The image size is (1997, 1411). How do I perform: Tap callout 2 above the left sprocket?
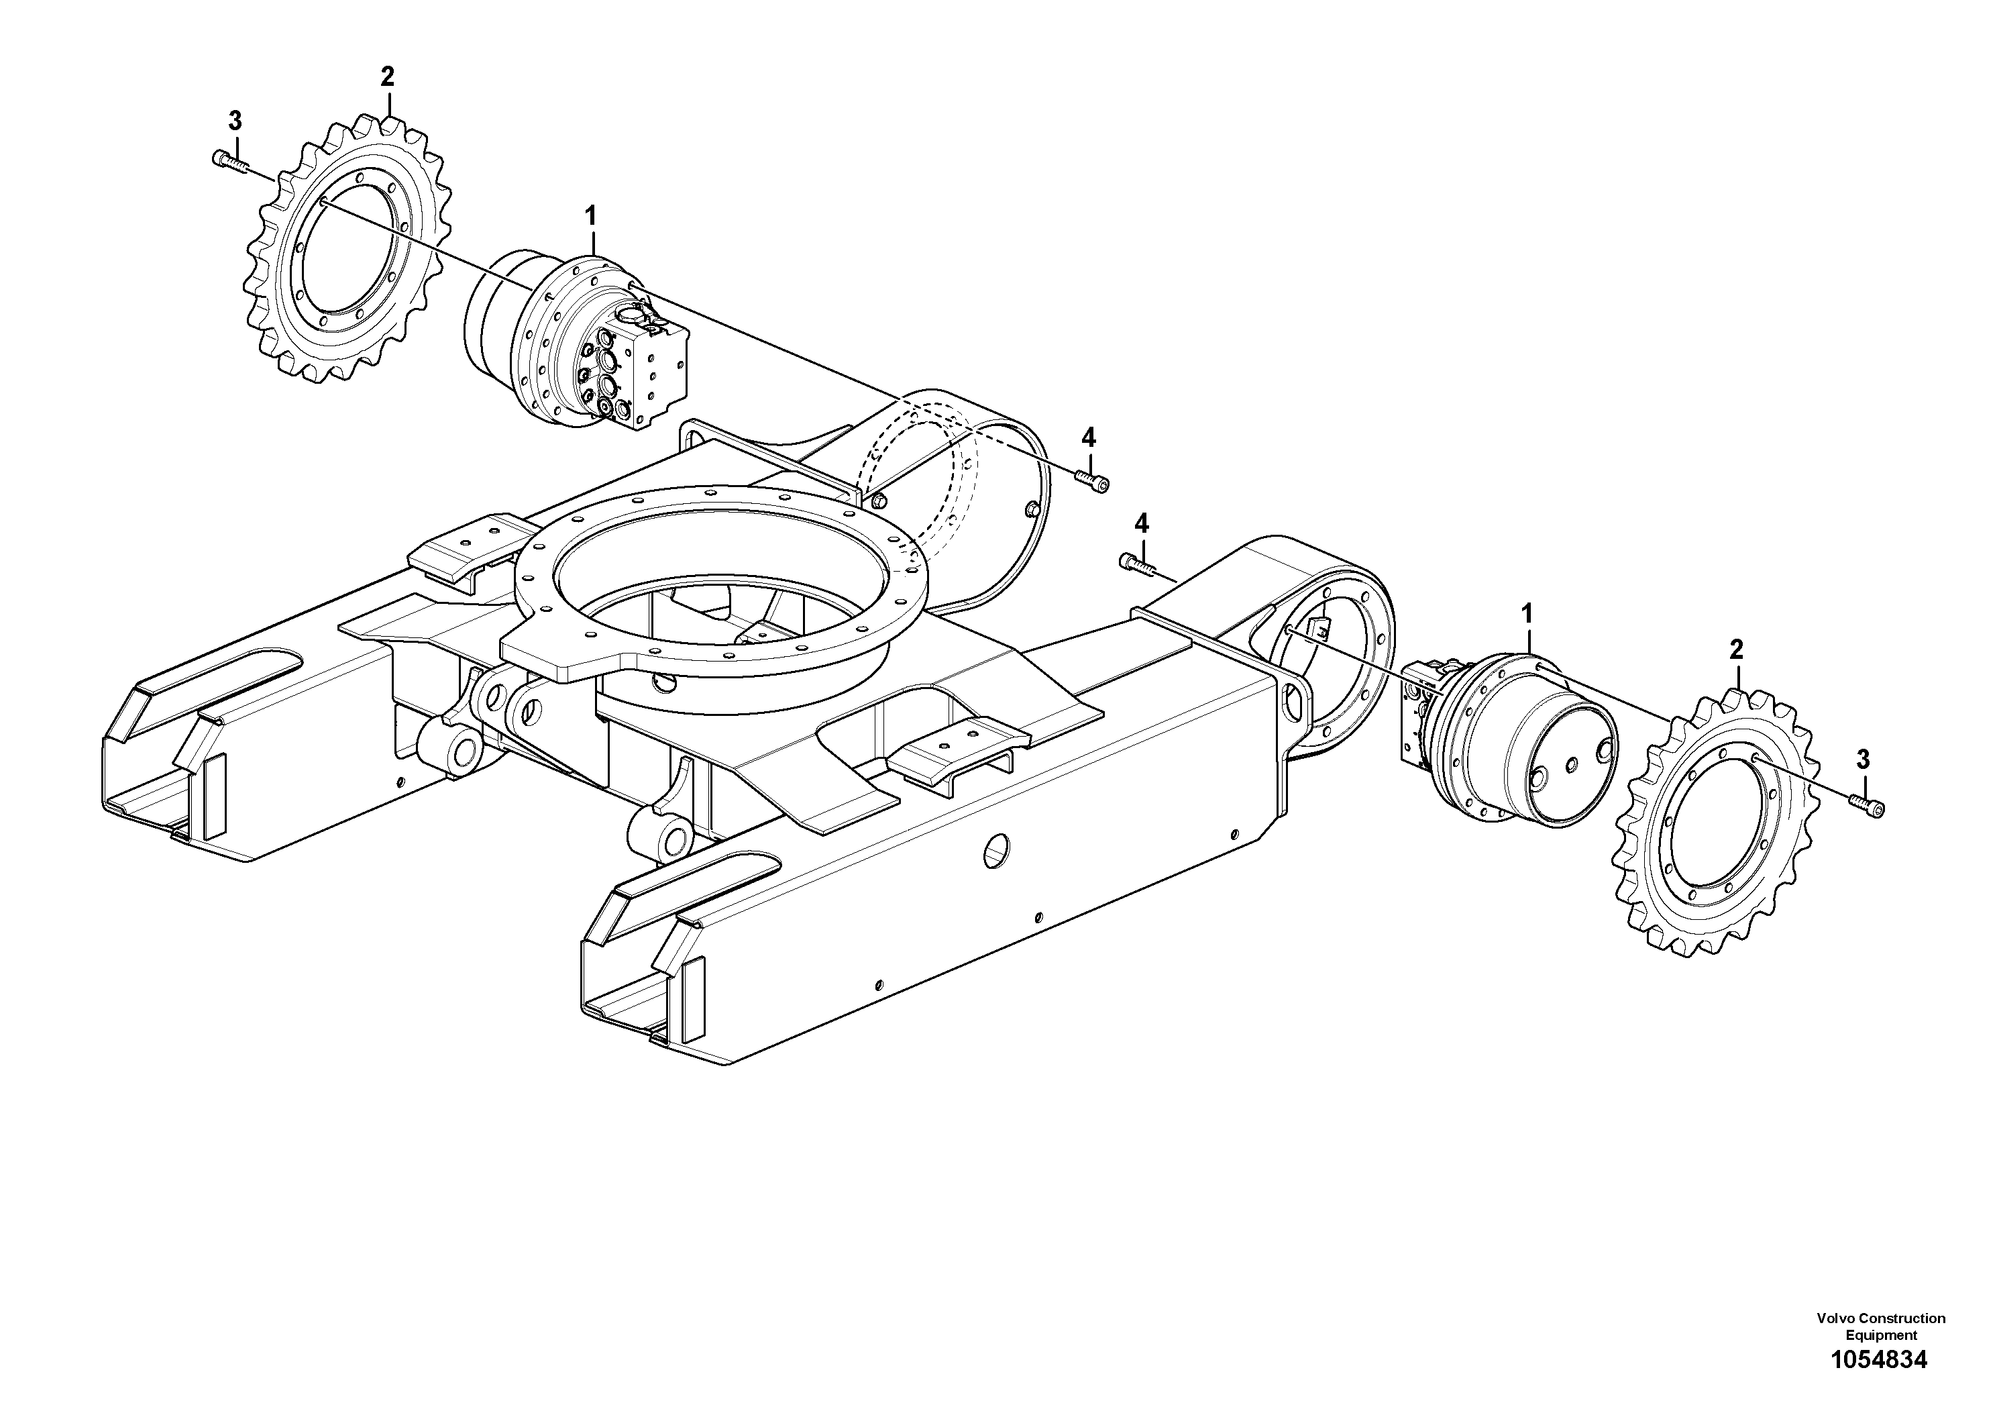387,77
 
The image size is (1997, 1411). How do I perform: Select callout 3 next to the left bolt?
234,120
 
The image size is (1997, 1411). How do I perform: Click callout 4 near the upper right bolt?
1088,437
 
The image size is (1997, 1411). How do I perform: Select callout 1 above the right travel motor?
1527,614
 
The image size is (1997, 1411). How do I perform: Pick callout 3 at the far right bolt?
1862,760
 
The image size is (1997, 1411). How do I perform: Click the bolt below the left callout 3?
229,161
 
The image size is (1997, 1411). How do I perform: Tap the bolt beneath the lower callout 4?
1135,564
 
